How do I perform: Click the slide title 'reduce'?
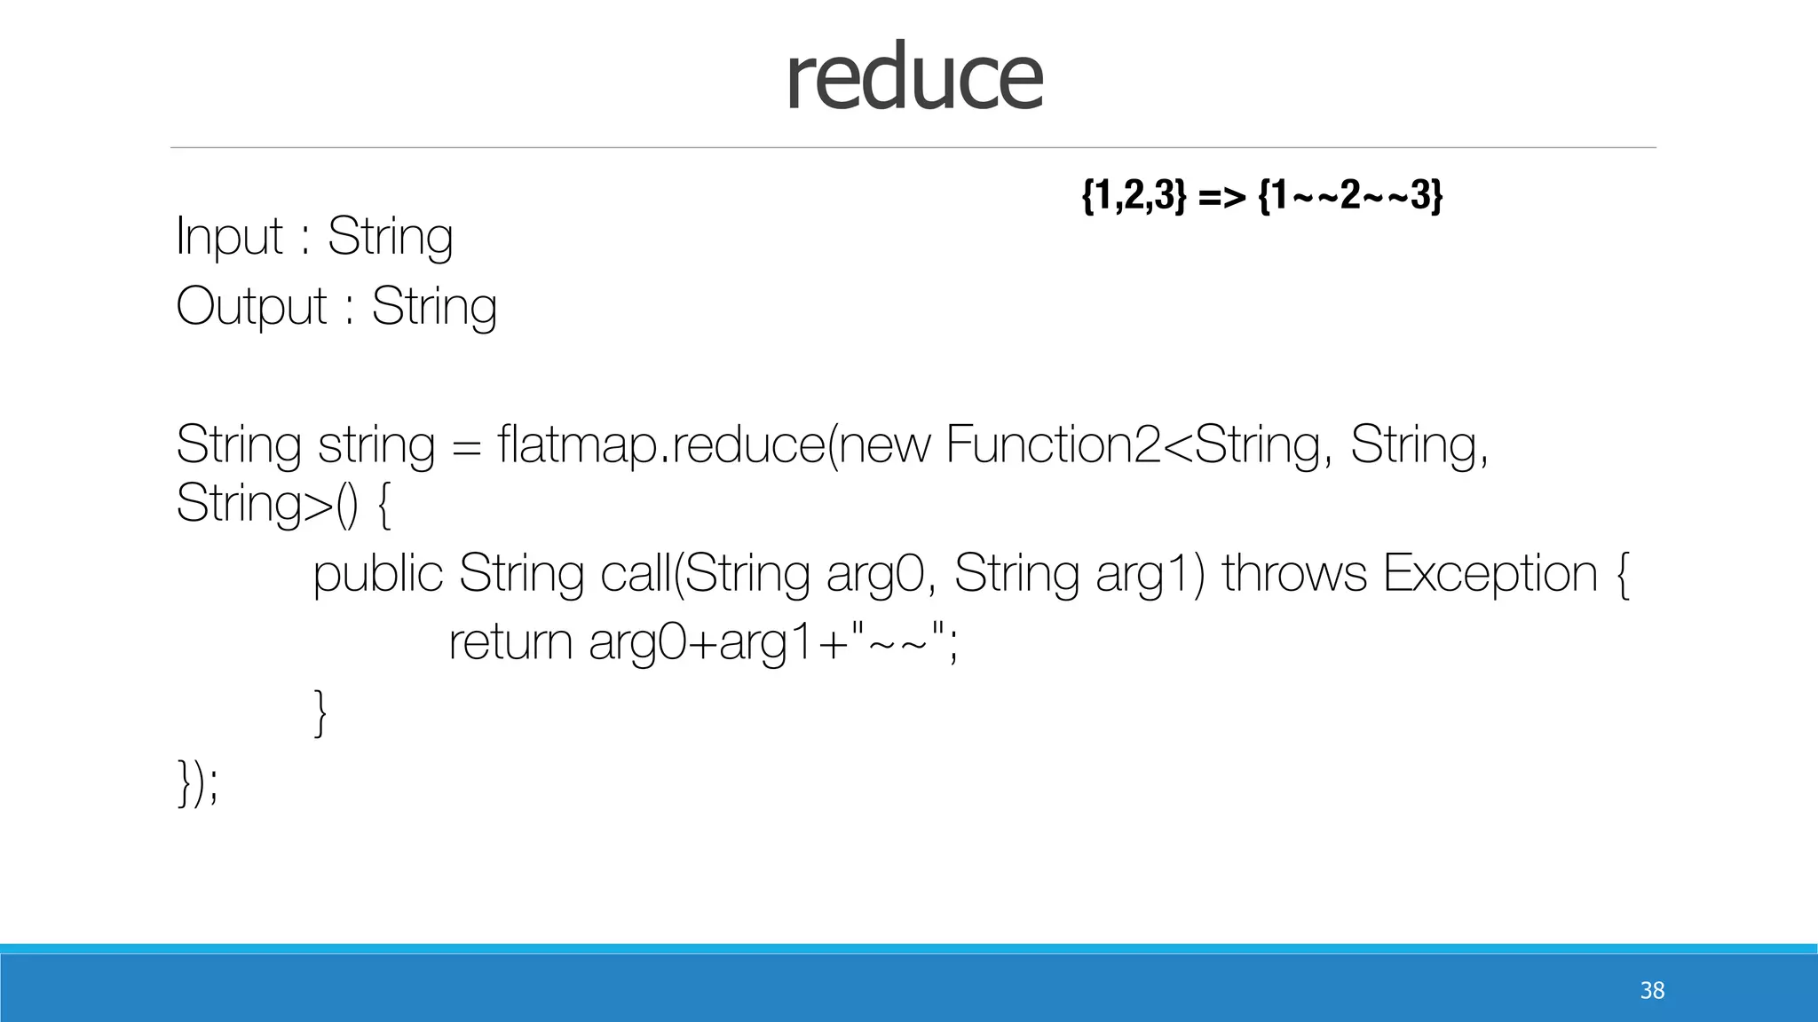(x=913, y=78)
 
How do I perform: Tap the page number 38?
(x=1652, y=990)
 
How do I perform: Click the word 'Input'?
(x=229, y=237)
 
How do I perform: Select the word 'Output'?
(x=251, y=307)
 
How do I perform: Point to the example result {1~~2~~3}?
(x=1350, y=194)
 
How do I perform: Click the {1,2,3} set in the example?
(x=1134, y=194)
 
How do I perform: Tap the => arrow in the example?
(x=1221, y=196)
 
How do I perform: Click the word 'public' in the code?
(x=377, y=573)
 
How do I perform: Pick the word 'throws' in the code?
(x=1294, y=573)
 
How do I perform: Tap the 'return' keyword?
(x=510, y=641)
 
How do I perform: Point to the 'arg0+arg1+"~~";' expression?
(x=773, y=641)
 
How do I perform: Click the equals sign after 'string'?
(x=466, y=445)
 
